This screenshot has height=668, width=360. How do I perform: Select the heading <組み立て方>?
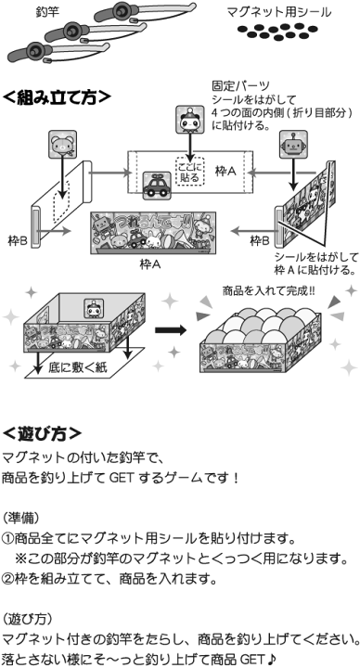click(58, 96)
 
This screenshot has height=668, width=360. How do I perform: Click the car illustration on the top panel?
click(154, 186)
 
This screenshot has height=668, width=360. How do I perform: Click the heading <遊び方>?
click(42, 432)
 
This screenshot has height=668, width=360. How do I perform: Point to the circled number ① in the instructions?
click(8, 538)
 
